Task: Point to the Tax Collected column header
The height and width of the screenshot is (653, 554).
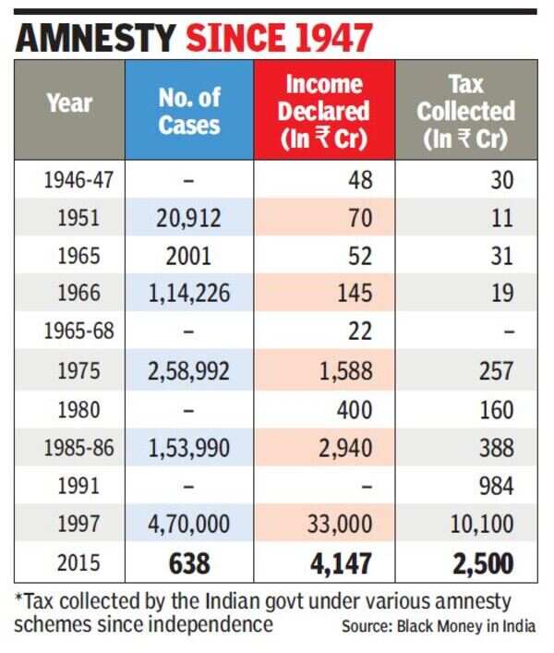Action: coord(466,110)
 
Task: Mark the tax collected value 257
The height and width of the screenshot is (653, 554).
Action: coord(497,370)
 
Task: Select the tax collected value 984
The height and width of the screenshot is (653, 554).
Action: coord(497,486)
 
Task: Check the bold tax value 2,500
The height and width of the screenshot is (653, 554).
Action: coord(477,562)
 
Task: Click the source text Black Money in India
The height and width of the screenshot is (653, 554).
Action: coord(466,625)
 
